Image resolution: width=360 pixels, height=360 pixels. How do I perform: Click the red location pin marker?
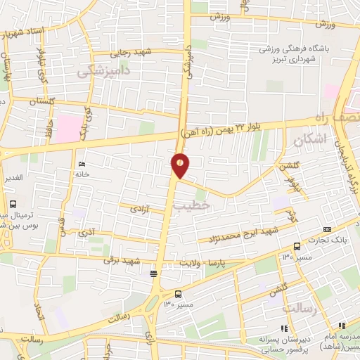181,166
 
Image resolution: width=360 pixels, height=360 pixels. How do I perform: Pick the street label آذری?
86,231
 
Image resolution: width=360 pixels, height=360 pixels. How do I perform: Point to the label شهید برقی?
127,260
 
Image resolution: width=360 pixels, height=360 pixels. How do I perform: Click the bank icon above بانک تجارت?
297,246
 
